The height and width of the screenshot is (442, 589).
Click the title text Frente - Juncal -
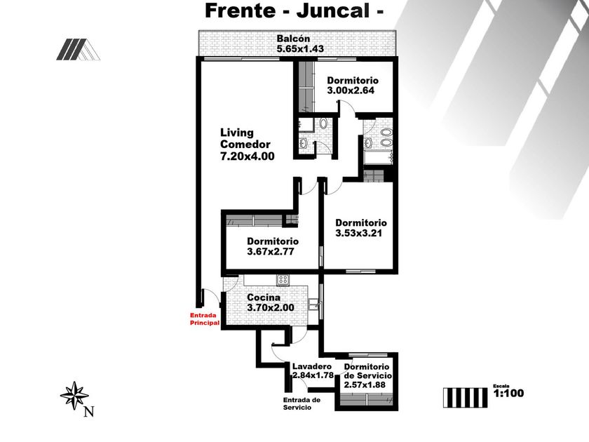coord(294,11)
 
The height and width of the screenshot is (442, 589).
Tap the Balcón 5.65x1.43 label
coord(294,43)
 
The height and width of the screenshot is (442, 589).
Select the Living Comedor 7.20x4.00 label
coord(245,145)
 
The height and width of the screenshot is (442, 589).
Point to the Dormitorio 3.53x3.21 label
coord(360,228)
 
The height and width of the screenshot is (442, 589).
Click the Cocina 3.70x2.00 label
coord(270,302)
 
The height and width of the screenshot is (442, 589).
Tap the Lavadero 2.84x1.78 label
coord(313,371)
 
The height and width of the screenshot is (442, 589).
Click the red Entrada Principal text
coord(205,319)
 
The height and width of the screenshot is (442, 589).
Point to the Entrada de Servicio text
coord(302,403)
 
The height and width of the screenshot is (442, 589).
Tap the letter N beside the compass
coord(88,412)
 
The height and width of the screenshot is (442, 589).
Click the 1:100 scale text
coord(508,394)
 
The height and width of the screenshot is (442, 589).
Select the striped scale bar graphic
coord(464,396)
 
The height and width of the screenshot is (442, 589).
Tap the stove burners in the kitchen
coord(283,280)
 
